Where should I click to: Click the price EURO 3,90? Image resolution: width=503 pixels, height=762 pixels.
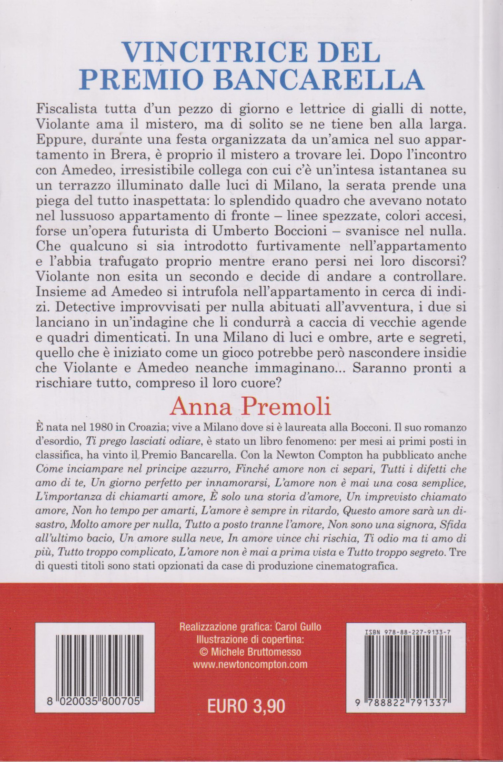coord(246,705)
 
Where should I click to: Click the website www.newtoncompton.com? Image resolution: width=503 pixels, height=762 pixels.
coord(250,665)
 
